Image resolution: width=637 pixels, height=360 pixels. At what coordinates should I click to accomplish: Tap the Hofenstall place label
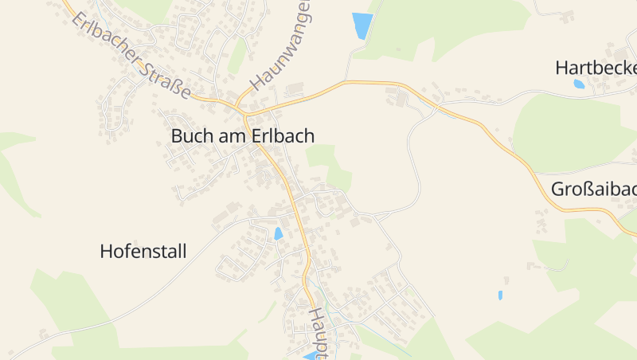143,252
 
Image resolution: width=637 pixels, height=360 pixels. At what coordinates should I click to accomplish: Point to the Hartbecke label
596,68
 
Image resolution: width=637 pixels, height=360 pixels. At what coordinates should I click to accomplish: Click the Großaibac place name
593,190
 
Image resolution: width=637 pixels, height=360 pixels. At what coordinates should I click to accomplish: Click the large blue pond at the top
362,25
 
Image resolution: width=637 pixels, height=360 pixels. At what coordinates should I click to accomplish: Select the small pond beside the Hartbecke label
579,84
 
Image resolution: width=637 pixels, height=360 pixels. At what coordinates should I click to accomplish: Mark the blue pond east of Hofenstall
278,233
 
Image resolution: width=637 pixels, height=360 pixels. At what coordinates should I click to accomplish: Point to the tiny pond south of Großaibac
500,295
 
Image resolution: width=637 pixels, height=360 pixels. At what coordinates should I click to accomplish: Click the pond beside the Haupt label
310,355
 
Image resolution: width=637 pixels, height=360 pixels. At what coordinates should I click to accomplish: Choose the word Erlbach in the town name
283,136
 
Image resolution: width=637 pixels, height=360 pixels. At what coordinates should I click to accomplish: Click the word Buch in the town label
189,136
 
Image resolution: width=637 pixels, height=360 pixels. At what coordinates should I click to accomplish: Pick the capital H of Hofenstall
106,252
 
